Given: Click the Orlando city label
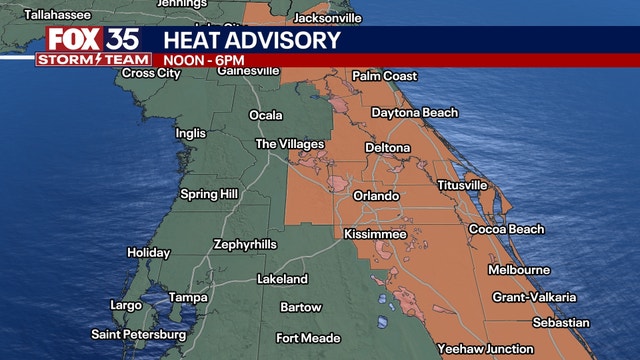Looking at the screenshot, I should point(376,196).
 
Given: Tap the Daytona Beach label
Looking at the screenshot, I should point(414,113).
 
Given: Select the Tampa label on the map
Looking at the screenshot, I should point(187,298).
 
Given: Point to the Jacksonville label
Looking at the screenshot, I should point(327,18).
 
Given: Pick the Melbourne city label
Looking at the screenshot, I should point(518,270).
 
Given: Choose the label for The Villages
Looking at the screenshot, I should point(290,144).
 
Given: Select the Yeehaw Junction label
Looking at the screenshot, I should point(486,348).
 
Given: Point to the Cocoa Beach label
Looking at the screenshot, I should point(507,230).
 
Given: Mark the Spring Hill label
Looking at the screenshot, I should point(208,194).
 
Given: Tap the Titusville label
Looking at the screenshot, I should point(462,185).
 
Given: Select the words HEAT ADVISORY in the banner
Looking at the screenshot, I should point(251,40).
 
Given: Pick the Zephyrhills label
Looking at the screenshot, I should point(246,244).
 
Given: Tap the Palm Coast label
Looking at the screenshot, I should point(384,77).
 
